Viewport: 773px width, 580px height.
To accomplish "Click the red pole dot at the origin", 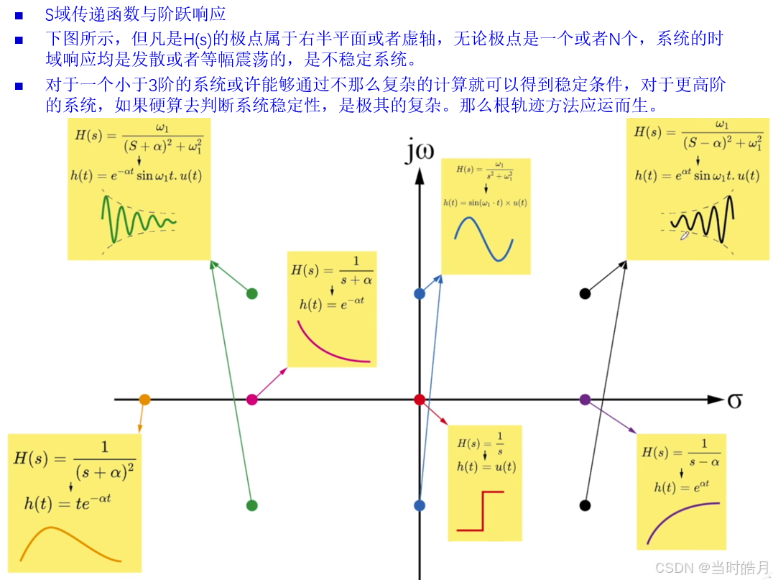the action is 420,399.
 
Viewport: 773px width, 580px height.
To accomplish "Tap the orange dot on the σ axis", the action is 144,399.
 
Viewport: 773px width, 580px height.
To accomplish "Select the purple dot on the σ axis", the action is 585,399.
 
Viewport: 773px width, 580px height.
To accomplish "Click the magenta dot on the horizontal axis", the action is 252,399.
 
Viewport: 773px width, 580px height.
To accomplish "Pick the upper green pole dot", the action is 251,293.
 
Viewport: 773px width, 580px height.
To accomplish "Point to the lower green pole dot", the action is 251,505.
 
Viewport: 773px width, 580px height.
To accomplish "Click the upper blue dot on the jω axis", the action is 420,293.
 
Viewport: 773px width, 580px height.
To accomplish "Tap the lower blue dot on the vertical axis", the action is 420,505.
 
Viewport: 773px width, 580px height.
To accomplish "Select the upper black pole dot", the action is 585,293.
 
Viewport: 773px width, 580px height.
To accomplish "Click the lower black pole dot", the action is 585,505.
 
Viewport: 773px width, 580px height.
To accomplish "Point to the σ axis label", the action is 734,400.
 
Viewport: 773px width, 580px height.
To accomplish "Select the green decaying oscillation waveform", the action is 136,218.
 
